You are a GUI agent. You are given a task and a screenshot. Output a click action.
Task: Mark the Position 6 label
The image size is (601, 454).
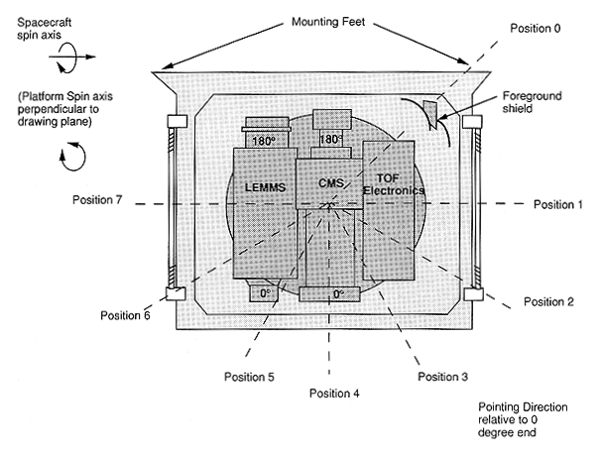(x=125, y=315)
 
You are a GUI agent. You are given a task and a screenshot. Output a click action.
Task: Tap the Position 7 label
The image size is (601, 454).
(x=97, y=200)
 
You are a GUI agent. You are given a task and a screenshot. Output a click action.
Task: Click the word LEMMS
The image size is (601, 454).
(x=265, y=185)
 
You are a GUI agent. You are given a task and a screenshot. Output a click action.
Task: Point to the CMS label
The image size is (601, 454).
(x=330, y=183)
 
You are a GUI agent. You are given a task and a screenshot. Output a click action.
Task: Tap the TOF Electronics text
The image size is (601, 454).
(x=394, y=182)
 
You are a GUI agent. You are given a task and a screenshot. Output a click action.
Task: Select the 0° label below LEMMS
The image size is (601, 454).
(x=264, y=294)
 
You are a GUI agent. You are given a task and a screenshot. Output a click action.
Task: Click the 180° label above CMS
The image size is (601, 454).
(x=330, y=141)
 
